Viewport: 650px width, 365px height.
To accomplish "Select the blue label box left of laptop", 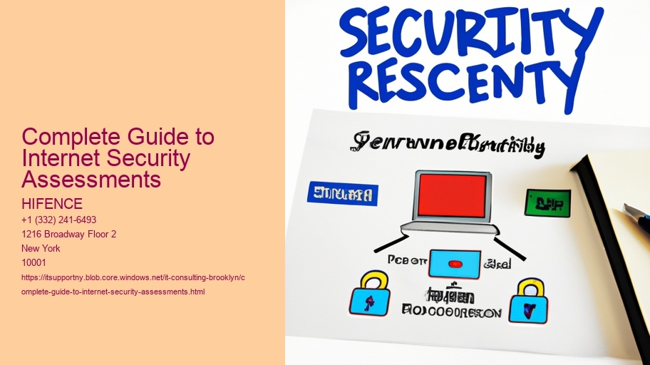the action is tap(343, 194).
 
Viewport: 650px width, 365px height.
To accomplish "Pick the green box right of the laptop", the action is tap(547, 202).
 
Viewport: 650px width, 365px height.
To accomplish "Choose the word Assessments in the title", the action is tap(91, 180).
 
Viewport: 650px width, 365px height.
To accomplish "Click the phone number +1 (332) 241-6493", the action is tap(59, 220).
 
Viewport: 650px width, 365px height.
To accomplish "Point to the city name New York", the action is tap(41, 248).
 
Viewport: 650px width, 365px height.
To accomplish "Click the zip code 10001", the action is tap(35, 262).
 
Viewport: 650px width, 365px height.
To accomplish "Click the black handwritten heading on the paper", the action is tap(448, 144).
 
